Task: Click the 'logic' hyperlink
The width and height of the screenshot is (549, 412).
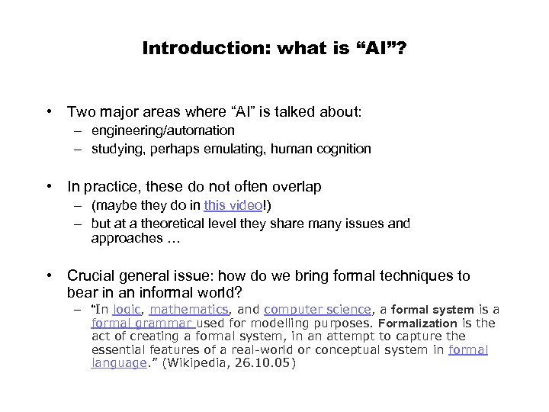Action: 126,309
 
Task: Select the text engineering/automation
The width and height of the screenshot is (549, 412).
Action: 163,131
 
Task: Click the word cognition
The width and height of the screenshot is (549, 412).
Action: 344,150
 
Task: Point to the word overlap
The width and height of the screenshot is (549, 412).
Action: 298,186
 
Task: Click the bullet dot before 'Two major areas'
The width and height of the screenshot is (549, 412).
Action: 50,112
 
